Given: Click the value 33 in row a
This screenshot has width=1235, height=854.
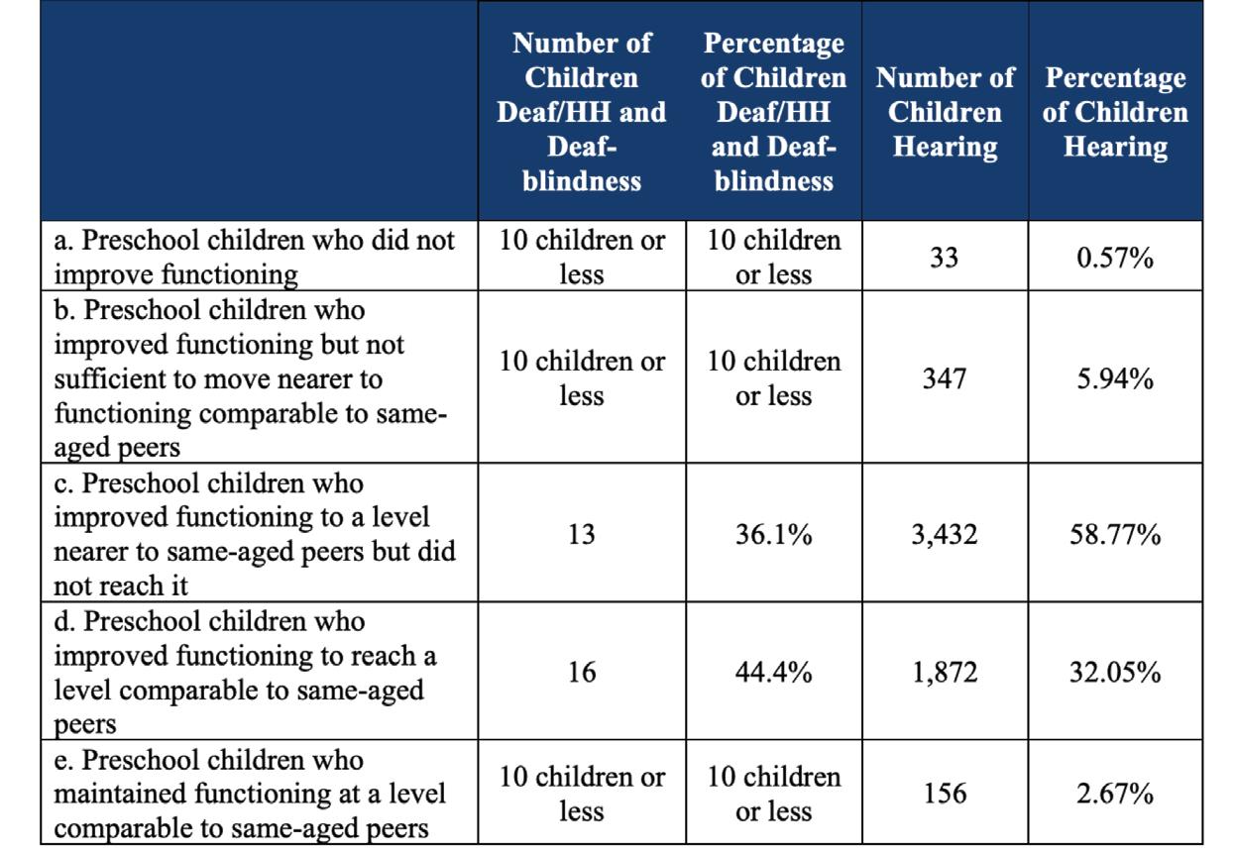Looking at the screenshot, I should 945,259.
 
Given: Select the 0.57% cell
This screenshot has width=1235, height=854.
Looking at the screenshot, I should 1115,259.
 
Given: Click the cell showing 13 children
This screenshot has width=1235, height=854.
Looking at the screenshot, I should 581,535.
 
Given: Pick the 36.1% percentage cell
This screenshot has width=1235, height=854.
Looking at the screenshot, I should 773,535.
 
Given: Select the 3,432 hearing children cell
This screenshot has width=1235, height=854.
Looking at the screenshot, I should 945,535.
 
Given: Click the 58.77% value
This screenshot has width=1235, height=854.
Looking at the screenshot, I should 1115,535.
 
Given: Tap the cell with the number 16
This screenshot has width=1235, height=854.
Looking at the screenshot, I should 581,673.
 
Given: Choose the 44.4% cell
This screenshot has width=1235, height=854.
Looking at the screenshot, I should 773,673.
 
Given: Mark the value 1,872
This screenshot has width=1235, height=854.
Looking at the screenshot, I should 945,673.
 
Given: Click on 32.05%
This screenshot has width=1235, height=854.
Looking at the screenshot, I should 1115,673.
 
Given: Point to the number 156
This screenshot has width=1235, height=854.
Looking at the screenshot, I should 945,794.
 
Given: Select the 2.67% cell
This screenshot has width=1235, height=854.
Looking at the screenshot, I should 1115,794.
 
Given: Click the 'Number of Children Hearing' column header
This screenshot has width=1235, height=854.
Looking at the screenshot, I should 945,112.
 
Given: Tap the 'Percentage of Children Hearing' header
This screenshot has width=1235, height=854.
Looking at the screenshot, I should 1115,112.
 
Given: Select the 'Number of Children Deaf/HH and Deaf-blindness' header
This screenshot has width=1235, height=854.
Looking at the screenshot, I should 581,112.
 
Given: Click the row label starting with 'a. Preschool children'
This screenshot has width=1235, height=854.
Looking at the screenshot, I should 255,258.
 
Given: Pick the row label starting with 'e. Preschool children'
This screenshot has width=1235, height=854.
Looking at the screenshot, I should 248,794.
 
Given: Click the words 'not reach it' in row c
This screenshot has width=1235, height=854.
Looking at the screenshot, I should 120,586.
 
